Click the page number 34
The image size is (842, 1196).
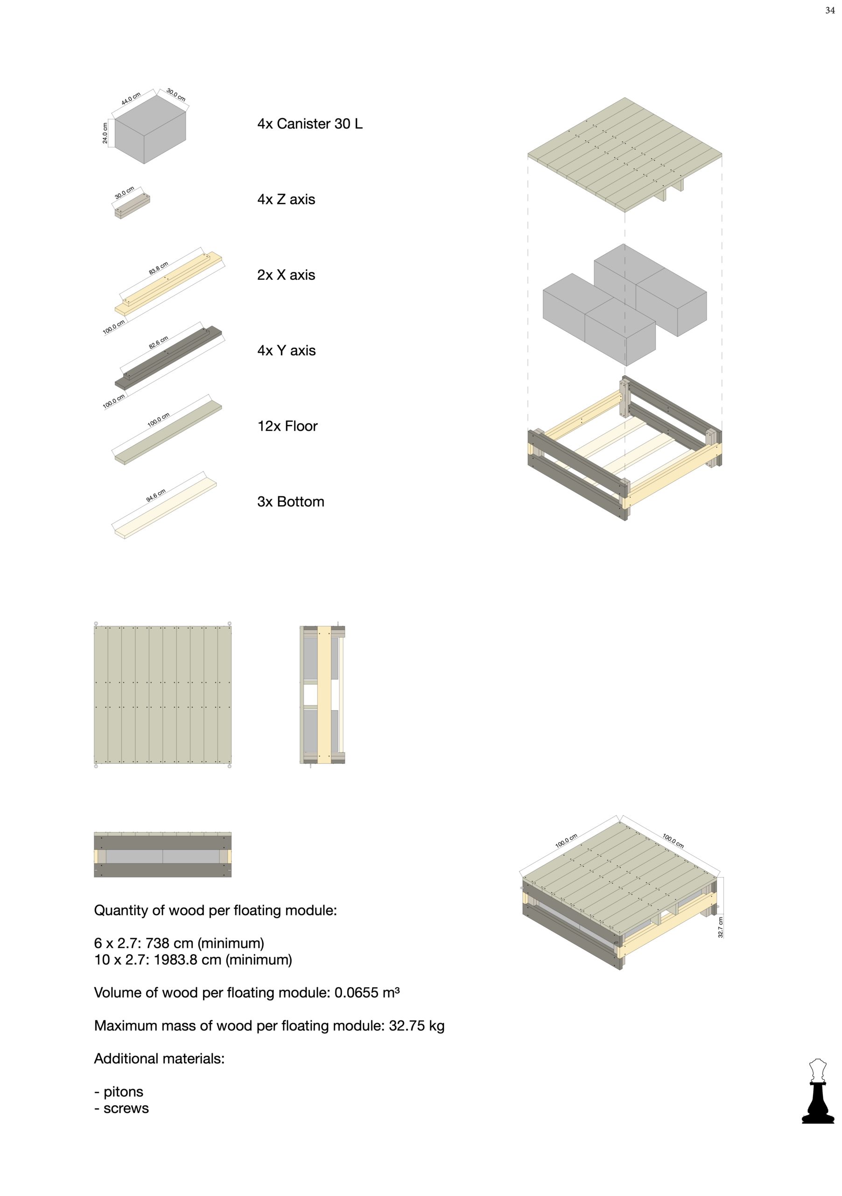[x=830, y=10]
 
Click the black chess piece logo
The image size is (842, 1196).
[x=818, y=1091]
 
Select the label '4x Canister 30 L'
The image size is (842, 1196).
[x=309, y=124]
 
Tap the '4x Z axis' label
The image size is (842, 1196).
[x=286, y=199]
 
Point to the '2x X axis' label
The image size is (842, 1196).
[x=286, y=275]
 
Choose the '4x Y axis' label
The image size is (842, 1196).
[x=286, y=350]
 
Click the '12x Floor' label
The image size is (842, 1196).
[x=287, y=426]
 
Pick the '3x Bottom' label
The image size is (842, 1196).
[x=290, y=502]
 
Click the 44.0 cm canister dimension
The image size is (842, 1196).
[x=131, y=99]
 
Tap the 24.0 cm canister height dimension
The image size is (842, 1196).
[x=105, y=133]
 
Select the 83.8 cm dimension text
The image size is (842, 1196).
[x=158, y=268]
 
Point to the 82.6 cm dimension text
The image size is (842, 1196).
[x=158, y=342]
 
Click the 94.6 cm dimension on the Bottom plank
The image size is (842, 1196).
[x=155, y=496]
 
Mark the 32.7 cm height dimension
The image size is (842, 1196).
[x=721, y=927]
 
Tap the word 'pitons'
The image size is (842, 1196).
[x=123, y=1092]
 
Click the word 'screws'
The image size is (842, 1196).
[x=126, y=1109]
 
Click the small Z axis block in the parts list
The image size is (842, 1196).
[x=132, y=206]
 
